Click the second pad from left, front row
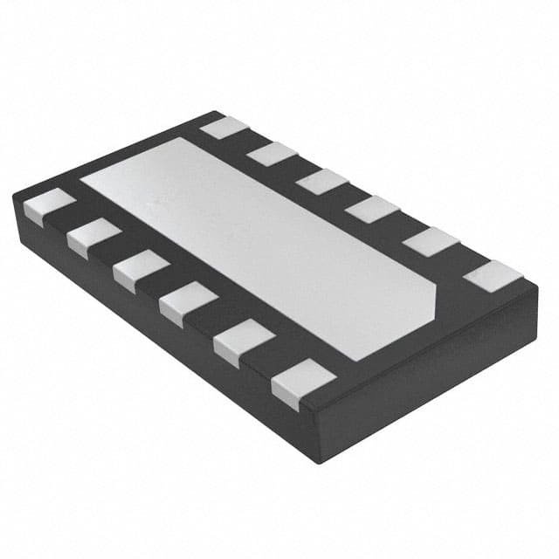coord(93,237)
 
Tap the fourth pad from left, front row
coord(188,302)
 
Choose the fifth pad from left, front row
coord(243,341)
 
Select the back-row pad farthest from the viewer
coord(225,128)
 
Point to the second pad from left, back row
coord(273,154)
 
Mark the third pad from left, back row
coord(321,182)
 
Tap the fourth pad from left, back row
coord(372,209)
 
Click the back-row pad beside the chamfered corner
coord(493,276)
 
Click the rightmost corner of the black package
coord(537,293)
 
